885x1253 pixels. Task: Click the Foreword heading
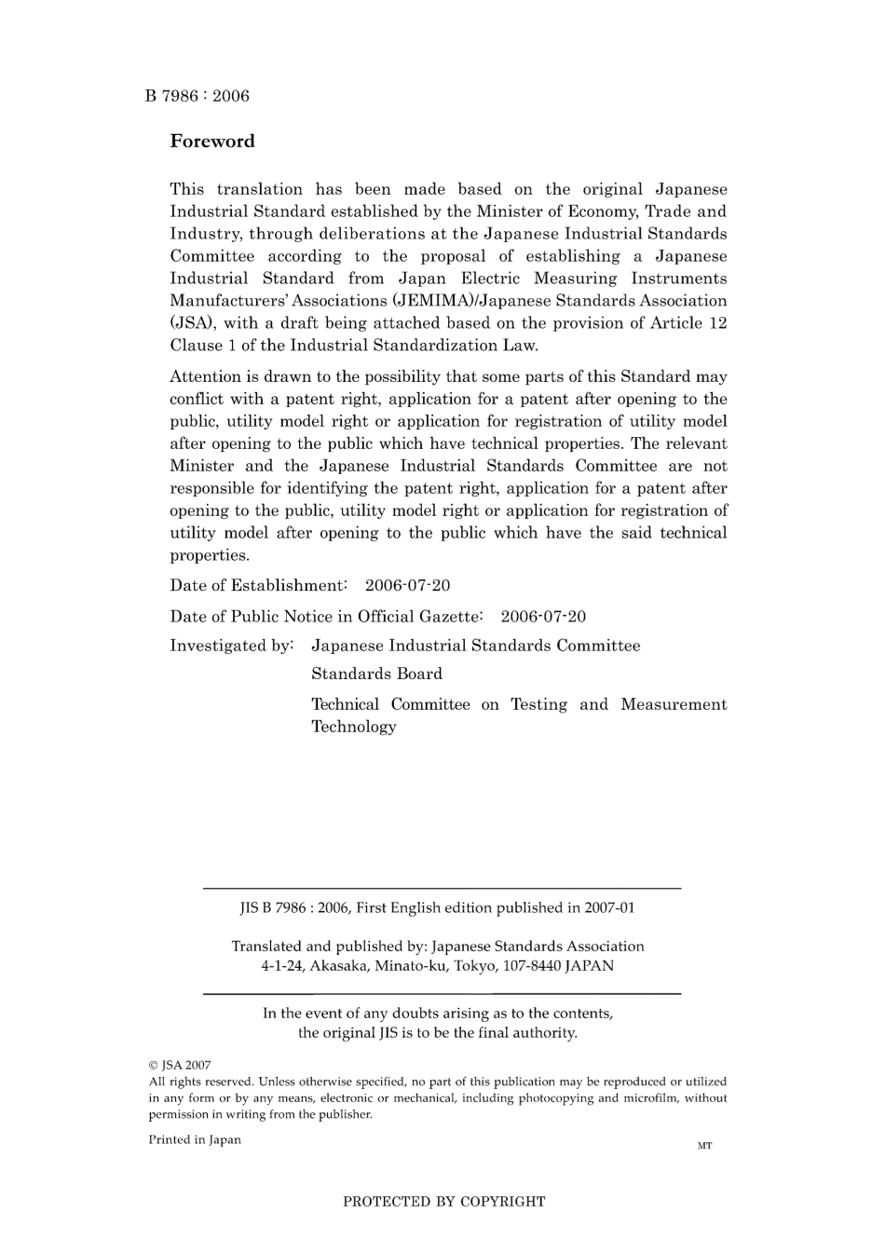coord(211,142)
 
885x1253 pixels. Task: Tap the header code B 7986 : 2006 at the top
coord(197,96)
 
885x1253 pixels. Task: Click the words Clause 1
coord(197,346)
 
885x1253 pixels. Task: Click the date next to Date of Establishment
coord(407,586)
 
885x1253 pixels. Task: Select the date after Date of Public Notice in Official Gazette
coord(543,617)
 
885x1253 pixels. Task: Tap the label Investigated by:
coord(232,646)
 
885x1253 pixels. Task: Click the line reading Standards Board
coord(376,674)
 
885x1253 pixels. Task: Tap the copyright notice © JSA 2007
coord(180,1065)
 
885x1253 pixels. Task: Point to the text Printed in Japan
coord(195,1140)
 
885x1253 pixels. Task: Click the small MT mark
coord(704,1146)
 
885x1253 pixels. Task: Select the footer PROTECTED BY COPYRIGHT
coord(443,1202)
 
